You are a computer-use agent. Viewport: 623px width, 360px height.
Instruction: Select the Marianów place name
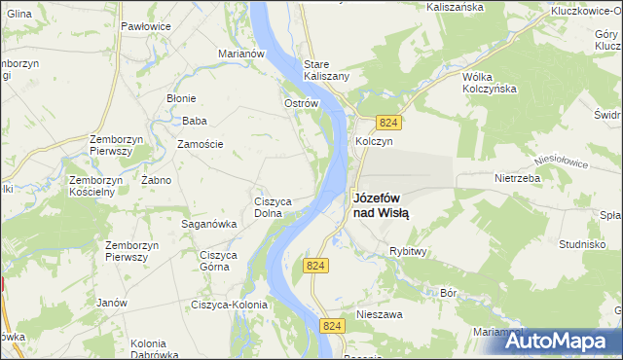coord(242,54)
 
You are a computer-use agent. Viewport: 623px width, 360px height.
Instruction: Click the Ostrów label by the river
coord(301,103)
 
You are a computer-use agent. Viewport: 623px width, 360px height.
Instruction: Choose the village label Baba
coord(195,122)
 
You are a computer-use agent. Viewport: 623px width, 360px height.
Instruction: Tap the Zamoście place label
coord(201,144)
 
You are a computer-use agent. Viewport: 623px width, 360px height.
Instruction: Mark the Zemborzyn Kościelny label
coord(93,186)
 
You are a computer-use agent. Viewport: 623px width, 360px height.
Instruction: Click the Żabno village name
coord(156,180)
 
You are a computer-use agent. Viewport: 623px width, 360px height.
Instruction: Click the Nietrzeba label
coord(518,179)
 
